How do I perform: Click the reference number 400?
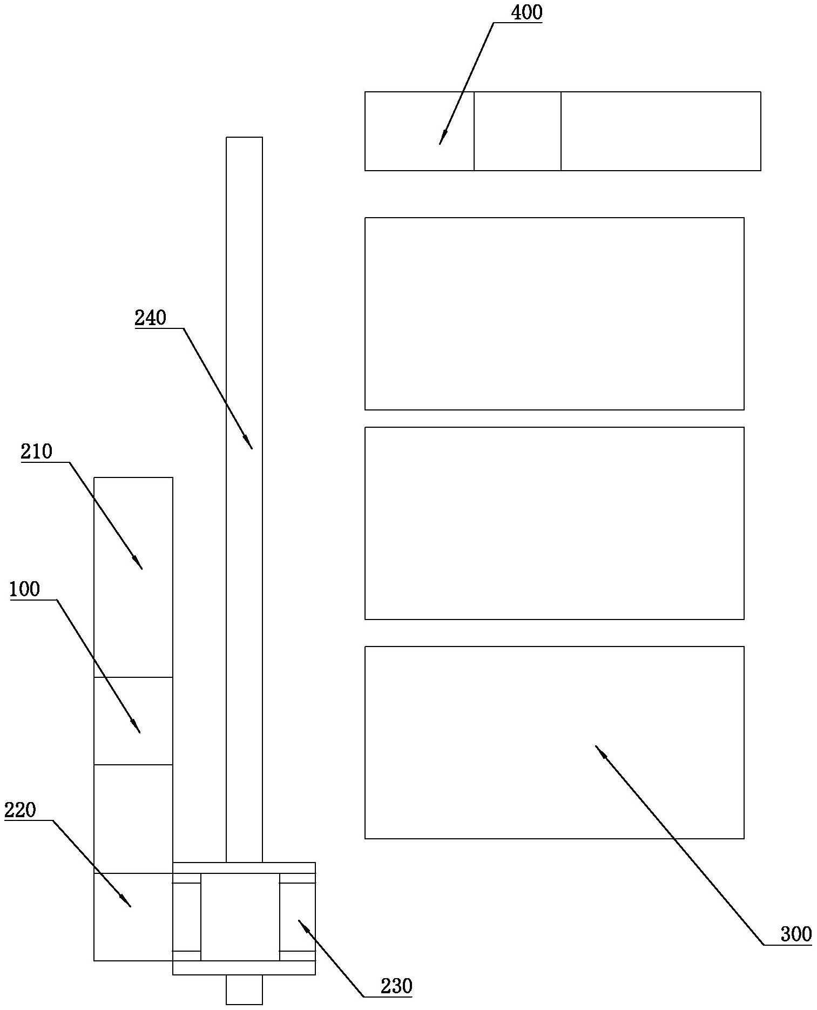coord(526,13)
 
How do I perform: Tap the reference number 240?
coord(150,318)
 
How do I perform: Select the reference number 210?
coord(37,452)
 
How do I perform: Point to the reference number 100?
coord(24,589)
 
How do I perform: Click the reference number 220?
coord(20,810)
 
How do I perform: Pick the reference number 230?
coord(396,987)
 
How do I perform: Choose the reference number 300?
coord(796,934)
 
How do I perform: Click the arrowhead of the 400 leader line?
coord(441,142)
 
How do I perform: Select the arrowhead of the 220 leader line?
coord(129,905)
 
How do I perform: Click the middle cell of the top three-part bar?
coord(517,131)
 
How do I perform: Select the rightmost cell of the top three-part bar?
coord(660,131)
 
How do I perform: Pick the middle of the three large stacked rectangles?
coord(554,523)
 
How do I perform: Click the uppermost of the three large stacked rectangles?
coord(554,313)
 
